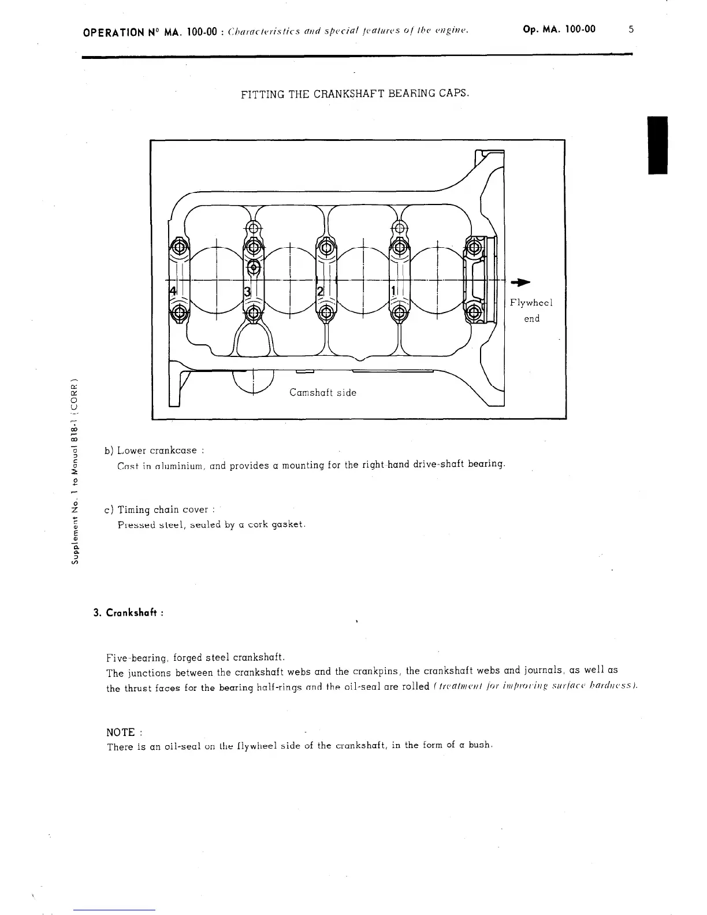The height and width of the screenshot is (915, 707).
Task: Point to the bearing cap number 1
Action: tap(393, 290)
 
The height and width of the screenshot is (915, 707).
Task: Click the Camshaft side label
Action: tap(322, 393)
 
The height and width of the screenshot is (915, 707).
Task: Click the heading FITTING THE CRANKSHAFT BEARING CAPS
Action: tap(354, 93)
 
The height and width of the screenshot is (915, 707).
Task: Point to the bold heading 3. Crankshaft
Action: tap(128, 613)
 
